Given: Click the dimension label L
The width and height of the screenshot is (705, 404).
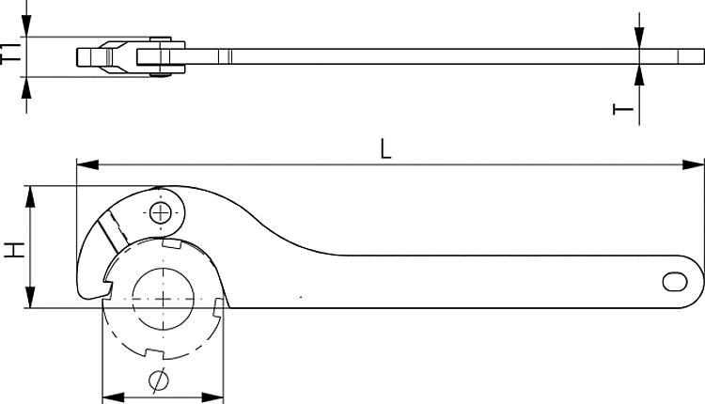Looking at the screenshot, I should click(385, 148).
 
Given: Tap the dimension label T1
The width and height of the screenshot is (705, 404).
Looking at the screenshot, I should click(10, 55).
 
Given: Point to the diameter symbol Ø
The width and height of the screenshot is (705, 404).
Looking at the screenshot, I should click(159, 381).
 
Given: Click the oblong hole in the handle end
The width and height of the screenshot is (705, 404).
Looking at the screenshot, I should click(675, 281).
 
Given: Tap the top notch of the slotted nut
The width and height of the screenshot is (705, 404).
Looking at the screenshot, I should click(170, 243).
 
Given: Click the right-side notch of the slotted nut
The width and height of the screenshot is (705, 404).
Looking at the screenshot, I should click(218, 307).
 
